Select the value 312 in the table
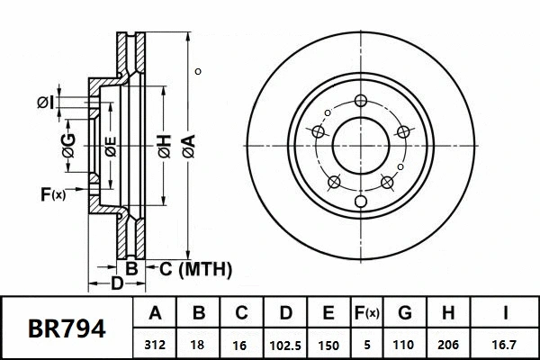(155, 344)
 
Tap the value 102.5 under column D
(284, 344)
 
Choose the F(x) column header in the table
(365, 314)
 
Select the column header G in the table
(404, 314)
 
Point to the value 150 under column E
(328, 344)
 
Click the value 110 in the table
(404, 344)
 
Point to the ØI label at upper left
(46, 103)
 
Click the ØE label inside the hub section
(109, 146)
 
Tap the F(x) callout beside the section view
(53, 194)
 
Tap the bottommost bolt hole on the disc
(360, 200)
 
